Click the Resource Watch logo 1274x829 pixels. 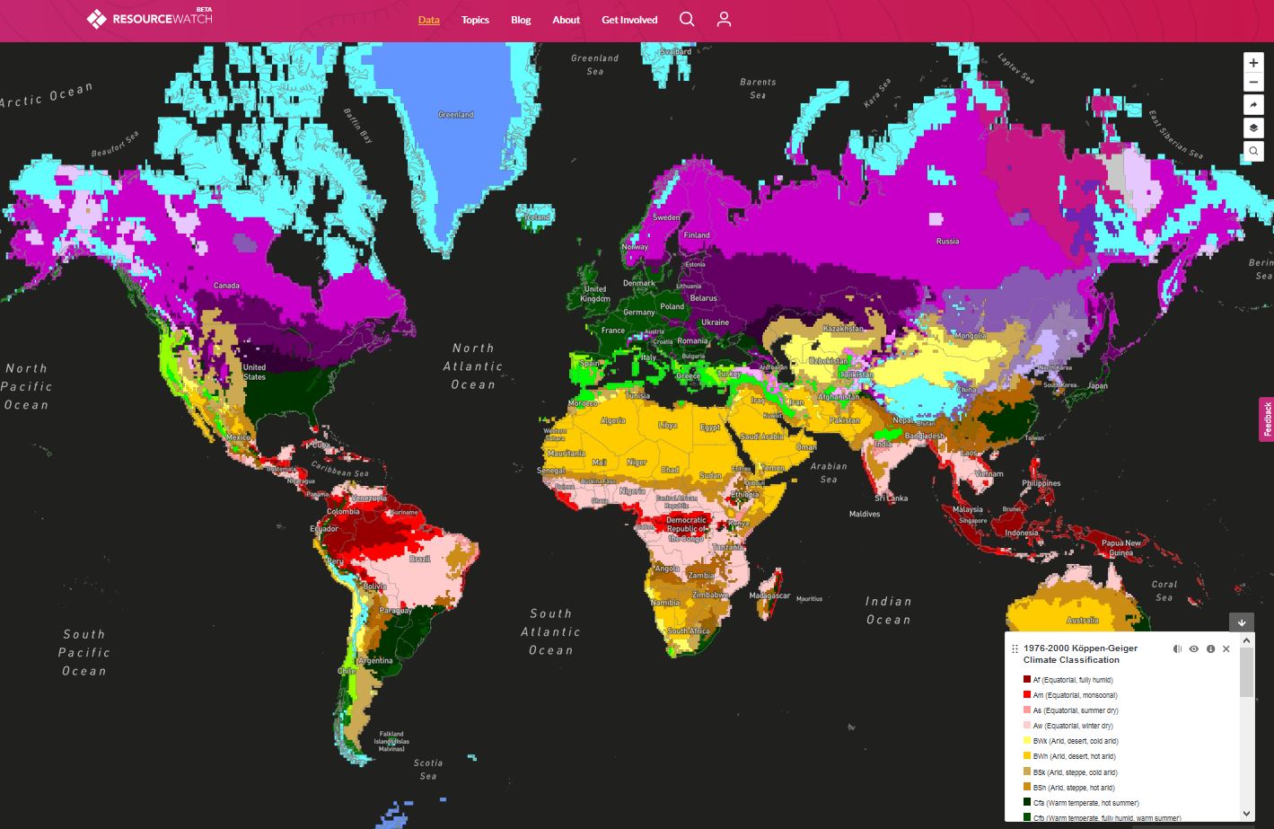click(x=149, y=19)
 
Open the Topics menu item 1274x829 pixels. click(x=475, y=20)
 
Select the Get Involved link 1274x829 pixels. click(x=629, y=20)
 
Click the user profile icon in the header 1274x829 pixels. click(x=724, y=20)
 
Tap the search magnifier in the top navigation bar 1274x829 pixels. click(x=687, y=20)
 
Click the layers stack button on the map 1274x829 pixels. click(x=1253, y=128)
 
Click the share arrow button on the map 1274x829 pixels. click(x=1253, y=105)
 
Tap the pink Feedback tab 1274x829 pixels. click(x=1266, y=419)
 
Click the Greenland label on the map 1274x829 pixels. click(x=455, y=115)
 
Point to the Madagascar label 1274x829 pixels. click(x=769, y=595)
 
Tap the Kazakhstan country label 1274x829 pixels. click(x=843, y=329)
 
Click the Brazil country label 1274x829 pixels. click(x=420, y=559)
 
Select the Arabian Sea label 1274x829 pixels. click(x=829, y=472)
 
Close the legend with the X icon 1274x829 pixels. click(x=1226, y=648)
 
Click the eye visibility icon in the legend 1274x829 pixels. click(x=1193, y=648)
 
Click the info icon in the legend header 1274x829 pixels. click(x=1210, y=648)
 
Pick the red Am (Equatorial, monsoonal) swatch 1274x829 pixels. click(x=1027, y=695)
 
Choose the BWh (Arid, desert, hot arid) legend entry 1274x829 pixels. click(x=1073, y=756)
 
